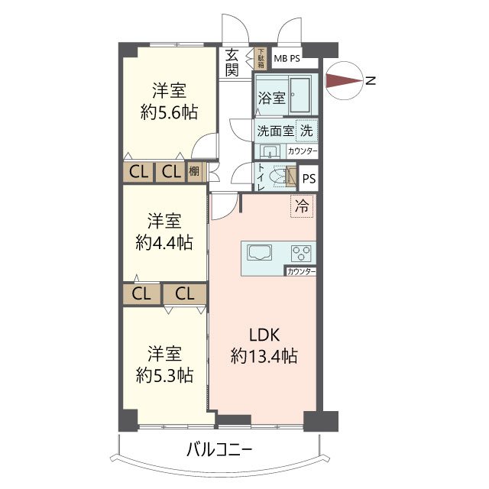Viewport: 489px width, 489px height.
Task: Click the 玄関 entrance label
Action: [232, 63]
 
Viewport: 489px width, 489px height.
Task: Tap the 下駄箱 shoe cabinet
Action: [261, 59]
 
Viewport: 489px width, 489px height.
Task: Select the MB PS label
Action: [287, 58]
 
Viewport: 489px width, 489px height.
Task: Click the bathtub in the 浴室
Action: [300, 95]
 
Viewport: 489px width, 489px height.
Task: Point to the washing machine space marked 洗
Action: [306, 131]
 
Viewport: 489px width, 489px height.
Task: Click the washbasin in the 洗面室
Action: [268, 152]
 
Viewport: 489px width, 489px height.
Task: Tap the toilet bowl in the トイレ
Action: [278, 177]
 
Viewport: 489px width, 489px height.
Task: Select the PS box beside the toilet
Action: [309, 178]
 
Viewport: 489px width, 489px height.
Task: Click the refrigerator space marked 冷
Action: [302, 206]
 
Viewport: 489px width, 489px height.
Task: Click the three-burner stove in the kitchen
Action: [300, 253]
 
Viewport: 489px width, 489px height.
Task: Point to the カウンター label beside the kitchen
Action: [301, 272]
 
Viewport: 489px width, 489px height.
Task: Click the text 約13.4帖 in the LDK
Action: [264, 355]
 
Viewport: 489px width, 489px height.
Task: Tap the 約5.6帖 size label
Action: [169, 112]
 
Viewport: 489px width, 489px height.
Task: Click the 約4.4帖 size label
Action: [164, 243]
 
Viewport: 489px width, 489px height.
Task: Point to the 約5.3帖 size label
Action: [165, 375]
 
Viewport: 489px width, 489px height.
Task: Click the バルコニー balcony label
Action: [219, 450]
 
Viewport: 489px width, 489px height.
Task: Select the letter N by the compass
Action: [371, 81]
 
